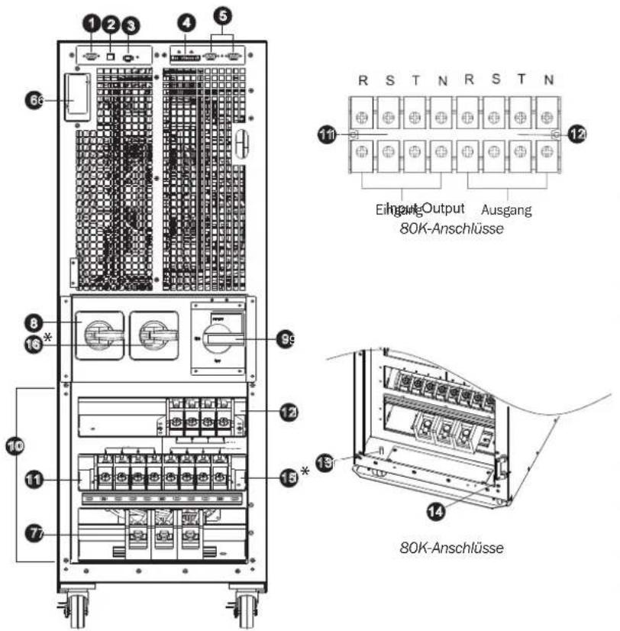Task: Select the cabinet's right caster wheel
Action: (x=246, y=608)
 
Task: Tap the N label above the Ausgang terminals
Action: (x=544, y=78)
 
